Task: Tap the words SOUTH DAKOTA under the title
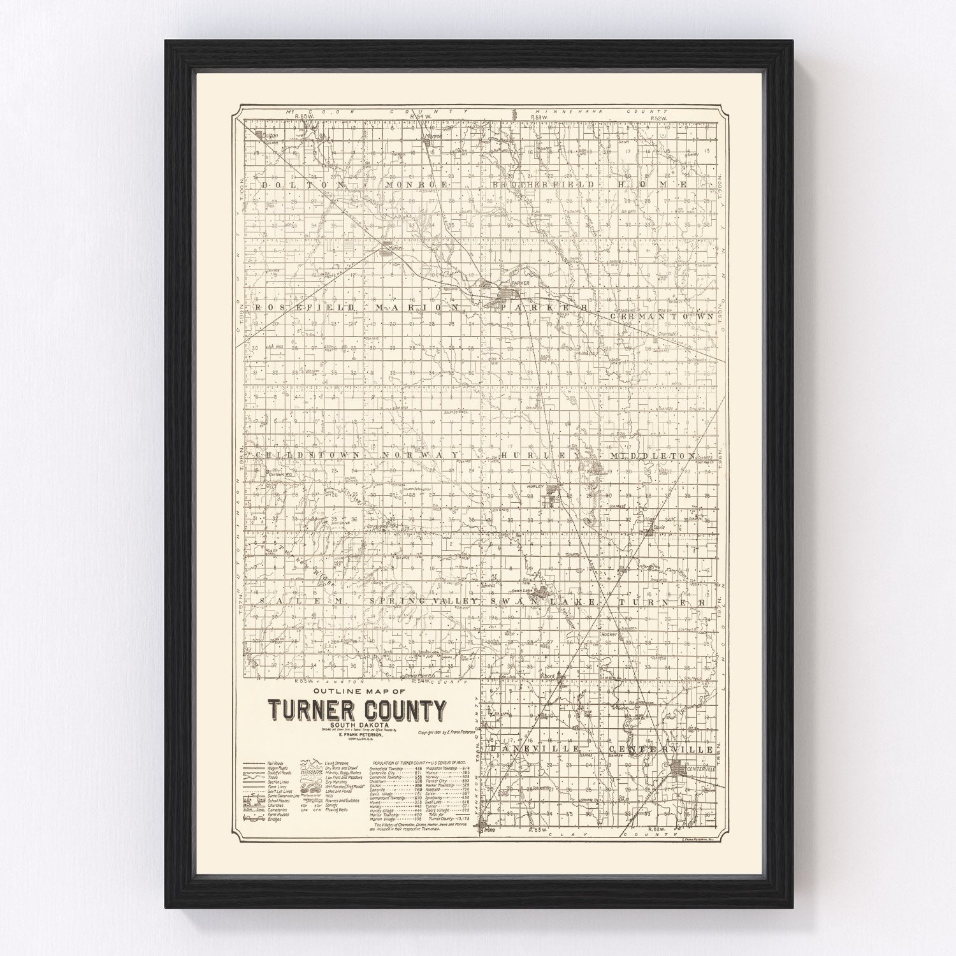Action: click(x=357, y=724)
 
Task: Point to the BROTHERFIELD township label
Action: click(x=543, y=184)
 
